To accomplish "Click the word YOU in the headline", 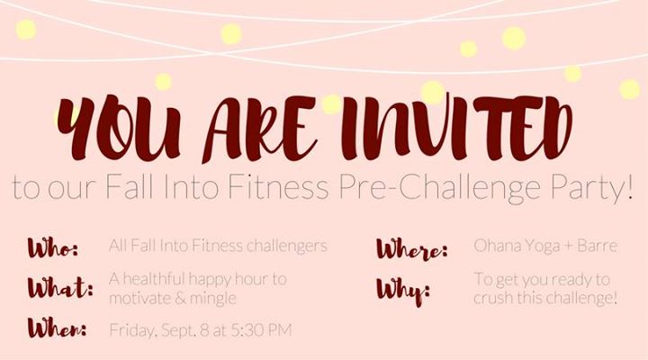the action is (x=119, y=127).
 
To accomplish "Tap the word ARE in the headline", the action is (x=259, y=129).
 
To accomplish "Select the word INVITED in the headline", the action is (x=456, y=127).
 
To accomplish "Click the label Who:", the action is (x=53, y=247).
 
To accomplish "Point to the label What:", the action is (x=60, y=287).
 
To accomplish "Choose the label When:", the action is (x=57, y=328).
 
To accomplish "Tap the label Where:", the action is (x=411, y=248).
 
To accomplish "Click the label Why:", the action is (x=403, y=292).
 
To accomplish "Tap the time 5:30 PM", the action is (x=261, y=329).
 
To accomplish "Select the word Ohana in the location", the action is (x=492, y=246).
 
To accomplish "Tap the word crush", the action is (x=491, y=297).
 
